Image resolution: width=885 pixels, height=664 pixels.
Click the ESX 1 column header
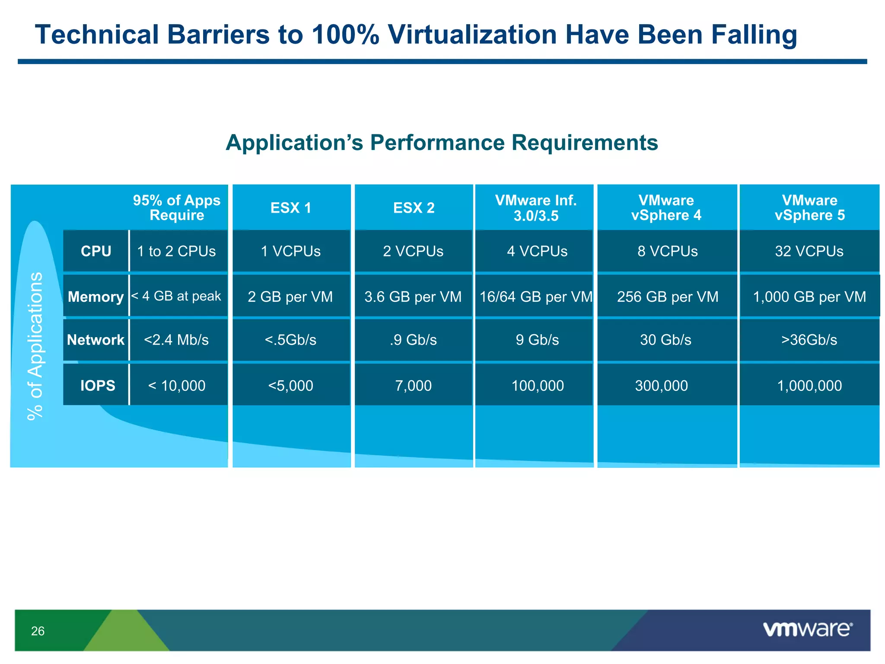point(291,208)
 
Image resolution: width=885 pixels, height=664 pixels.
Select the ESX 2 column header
point(414,208)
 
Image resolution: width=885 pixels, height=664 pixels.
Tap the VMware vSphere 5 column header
point(809,208)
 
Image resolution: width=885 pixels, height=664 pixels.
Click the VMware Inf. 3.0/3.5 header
point(535,208)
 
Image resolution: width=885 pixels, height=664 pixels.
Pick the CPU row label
point(96,251)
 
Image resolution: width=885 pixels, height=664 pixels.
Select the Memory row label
point(96,297)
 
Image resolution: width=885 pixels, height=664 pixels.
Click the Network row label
point(96,340)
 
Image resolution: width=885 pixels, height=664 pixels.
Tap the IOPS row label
point(98,385)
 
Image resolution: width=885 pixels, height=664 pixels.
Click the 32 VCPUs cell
point(809,251)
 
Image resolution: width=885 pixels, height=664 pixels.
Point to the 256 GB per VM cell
point(667,297)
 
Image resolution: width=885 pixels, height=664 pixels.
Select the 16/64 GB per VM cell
point(536,297)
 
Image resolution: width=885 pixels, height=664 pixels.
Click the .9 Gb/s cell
point(413,340)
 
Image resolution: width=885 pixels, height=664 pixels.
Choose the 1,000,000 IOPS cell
point(809,385)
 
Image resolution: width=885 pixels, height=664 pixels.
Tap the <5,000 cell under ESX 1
point(291,385)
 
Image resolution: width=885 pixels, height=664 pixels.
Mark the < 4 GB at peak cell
point(176,296)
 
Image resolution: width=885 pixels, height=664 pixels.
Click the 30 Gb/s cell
point(665,340)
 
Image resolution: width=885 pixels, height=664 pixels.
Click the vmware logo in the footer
point(807,629)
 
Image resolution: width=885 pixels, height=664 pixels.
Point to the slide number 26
point(38,631)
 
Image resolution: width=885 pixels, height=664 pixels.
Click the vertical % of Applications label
point(35,346)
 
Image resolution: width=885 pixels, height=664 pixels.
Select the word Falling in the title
point(754,35)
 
